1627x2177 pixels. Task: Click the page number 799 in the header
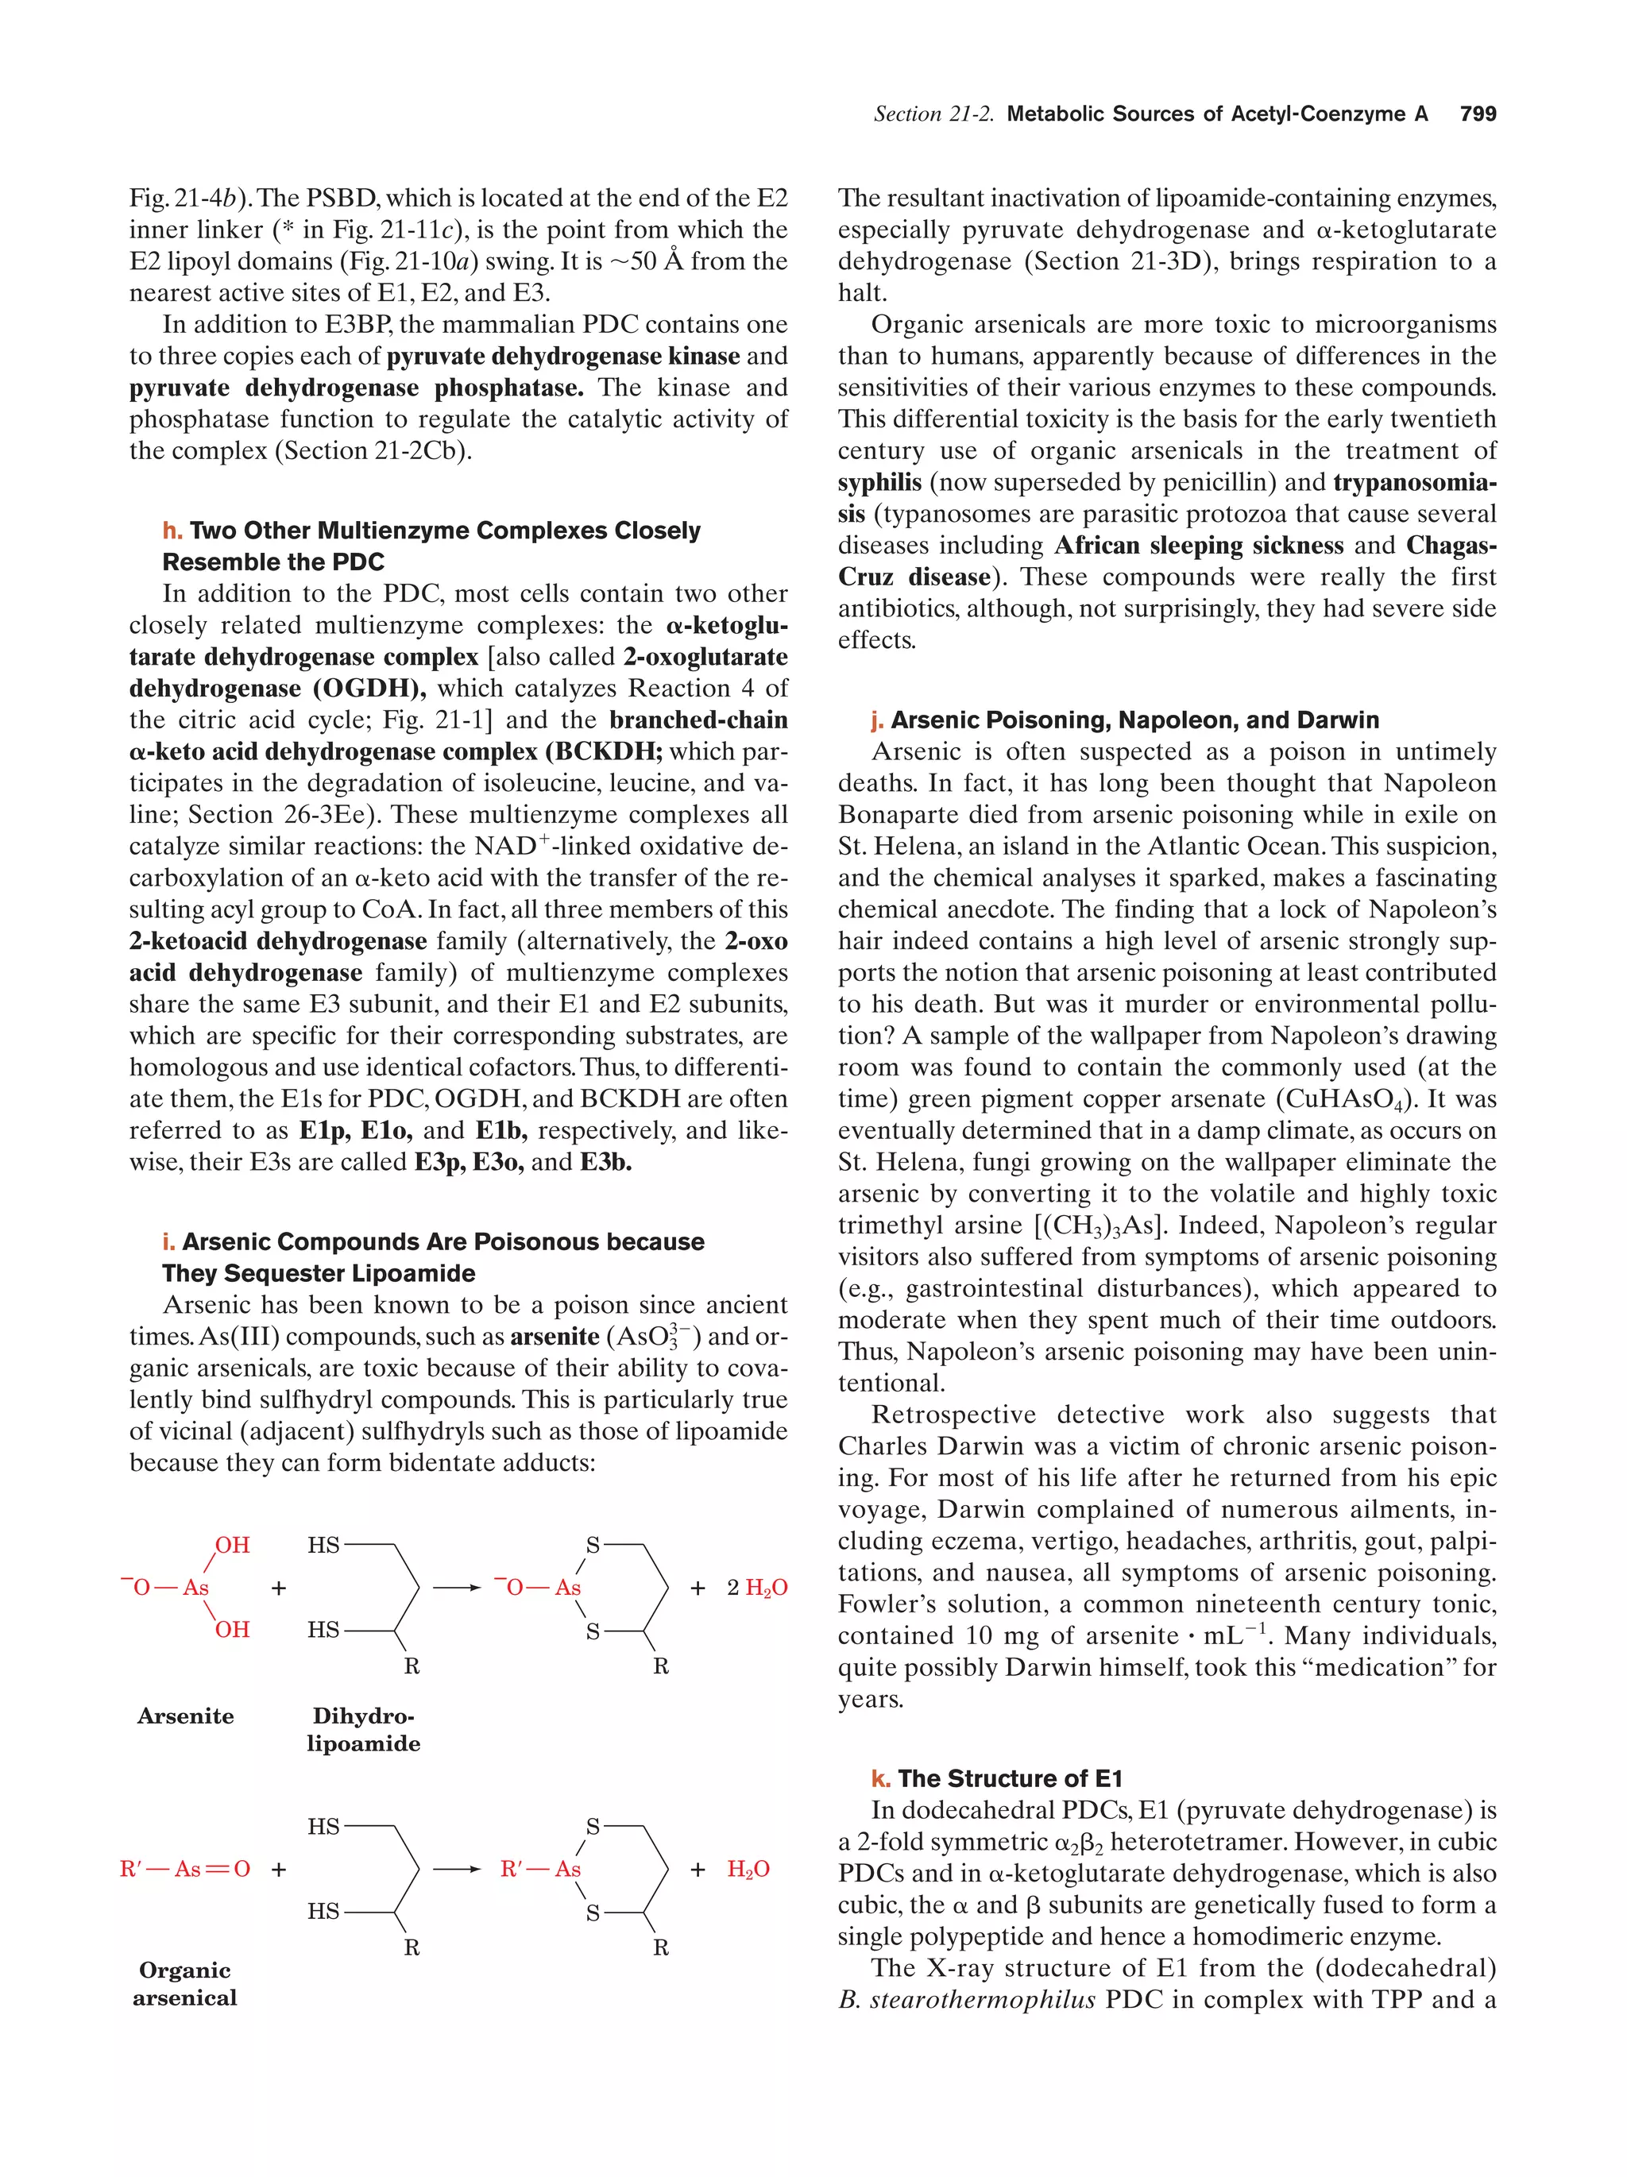[x=1478, y=114]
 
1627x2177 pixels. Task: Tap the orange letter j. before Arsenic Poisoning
[x=877, y=720]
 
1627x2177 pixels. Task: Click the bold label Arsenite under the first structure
[x=185, y=1716]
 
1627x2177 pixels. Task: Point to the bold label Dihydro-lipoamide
[x=363, y=1729]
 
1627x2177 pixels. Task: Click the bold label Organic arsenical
[x=185, y=1983]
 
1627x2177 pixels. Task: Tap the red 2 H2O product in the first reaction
[x=756, y=1588]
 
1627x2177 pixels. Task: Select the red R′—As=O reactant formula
[x=185, y=1868]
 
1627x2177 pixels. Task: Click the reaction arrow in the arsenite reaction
[x=457, y=1588]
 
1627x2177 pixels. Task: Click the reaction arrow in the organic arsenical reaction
[x=457, y=1868]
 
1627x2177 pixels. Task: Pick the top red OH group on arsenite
[x=232, y=1545]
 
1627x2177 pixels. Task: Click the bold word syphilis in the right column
[x=879, y=482]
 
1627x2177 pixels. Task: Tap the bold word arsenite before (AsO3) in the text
[x=555, y=1337]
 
